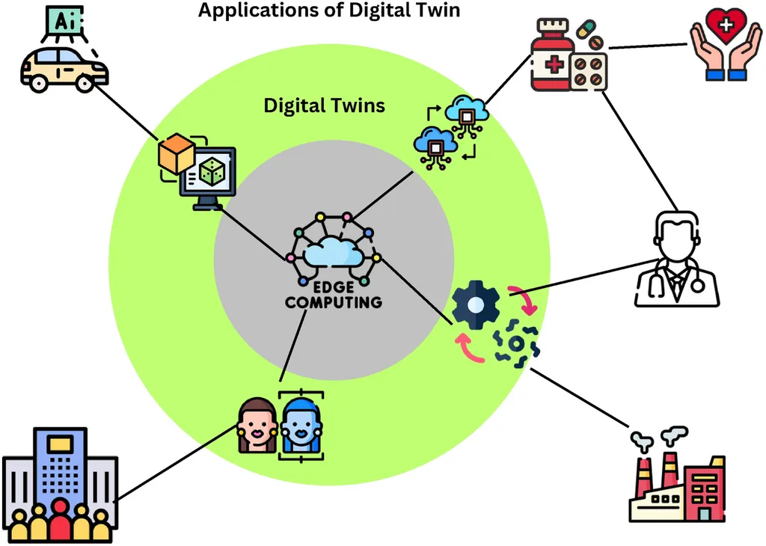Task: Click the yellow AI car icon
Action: (64, 70)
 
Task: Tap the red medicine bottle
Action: (553, 60)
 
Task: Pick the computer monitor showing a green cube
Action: (208, 177)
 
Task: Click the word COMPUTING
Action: (334, 302)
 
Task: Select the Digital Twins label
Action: (324, 105)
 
